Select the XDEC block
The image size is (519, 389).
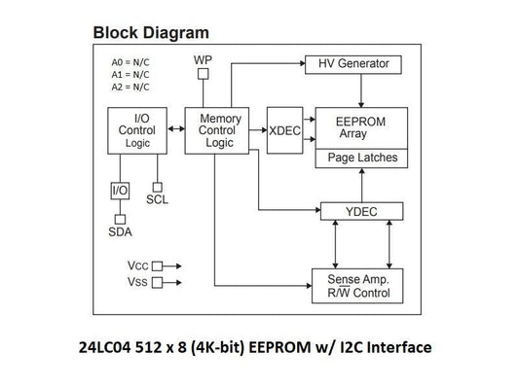[x=284, y=130]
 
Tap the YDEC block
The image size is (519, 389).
[x=361, y=210]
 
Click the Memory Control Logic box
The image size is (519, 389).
[x=219, y=130]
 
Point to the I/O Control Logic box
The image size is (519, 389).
[x=136, y=130]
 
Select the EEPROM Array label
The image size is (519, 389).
[x=356, y=127]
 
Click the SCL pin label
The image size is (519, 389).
[x=157, y=199]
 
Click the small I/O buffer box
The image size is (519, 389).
[x=120, y=190]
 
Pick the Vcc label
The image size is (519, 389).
[x=136, y=265]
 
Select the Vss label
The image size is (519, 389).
[x=136, y=281]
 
